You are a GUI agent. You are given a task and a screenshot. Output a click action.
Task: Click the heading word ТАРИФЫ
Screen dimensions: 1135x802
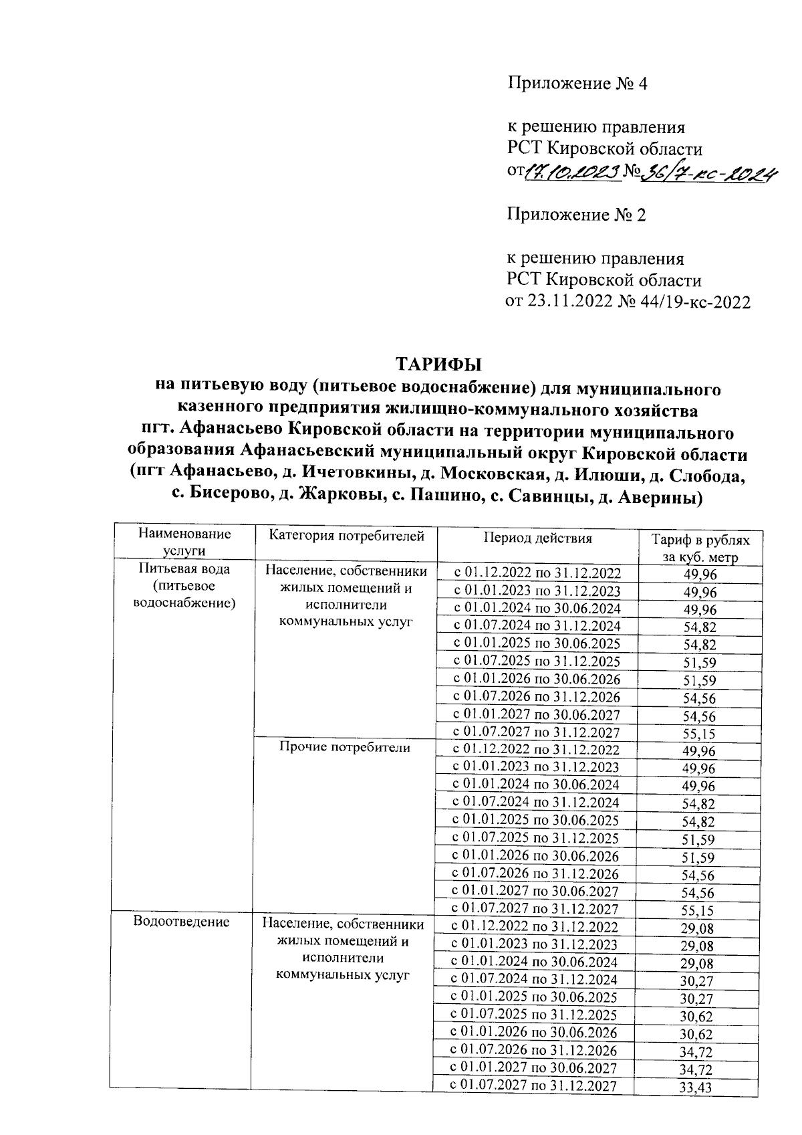click(439, 365)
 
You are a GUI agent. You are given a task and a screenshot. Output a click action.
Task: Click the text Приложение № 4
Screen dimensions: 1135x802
click(578, 84)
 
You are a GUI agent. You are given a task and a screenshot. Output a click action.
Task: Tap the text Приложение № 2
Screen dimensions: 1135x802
click(577, 215)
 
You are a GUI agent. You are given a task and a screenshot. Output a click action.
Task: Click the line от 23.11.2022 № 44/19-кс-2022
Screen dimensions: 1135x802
click(628, 302)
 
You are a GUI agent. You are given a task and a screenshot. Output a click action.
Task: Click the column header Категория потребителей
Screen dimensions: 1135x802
click(346, 536)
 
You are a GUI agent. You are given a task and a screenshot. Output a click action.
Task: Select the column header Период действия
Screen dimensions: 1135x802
click(538, 538)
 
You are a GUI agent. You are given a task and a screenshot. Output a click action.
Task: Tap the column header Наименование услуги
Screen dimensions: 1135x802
click(184, 542)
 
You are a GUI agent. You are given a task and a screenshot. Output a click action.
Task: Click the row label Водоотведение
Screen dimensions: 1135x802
click(181, 922)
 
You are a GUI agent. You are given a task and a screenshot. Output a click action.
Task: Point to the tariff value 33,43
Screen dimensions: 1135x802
click(696, 1088)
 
